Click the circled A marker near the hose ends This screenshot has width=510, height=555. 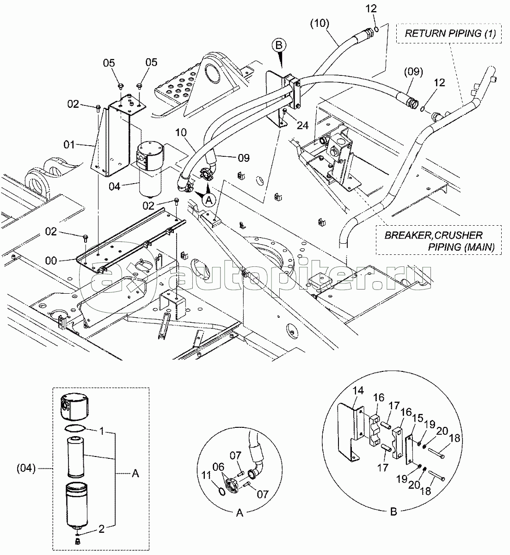pos(209,199)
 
